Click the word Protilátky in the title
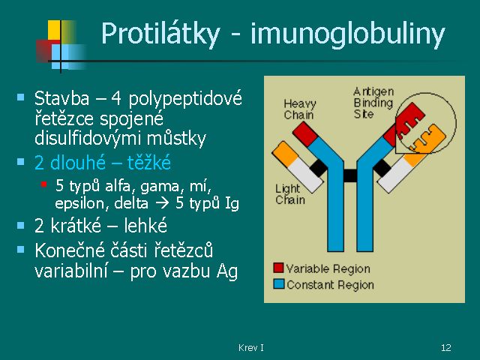coord(160,34)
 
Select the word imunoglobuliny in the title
coord(347,34)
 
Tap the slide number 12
coord(446,347)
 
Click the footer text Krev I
coord(250,347)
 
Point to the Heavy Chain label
coord(299,109)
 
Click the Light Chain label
coord(290,194)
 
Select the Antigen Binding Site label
coord(373,103)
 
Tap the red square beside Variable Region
coord(278,268)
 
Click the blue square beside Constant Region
coord(278,283)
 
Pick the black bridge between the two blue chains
coord(350,175)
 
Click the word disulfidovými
coord(88,139)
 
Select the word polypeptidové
coord(185,99)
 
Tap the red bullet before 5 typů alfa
coord(43,184)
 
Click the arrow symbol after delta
coord(162,203)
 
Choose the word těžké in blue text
coord(148,162)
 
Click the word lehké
coord(145,226)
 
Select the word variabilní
coord(71,271)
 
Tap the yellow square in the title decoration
coord(54,30)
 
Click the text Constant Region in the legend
coord(330,285)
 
